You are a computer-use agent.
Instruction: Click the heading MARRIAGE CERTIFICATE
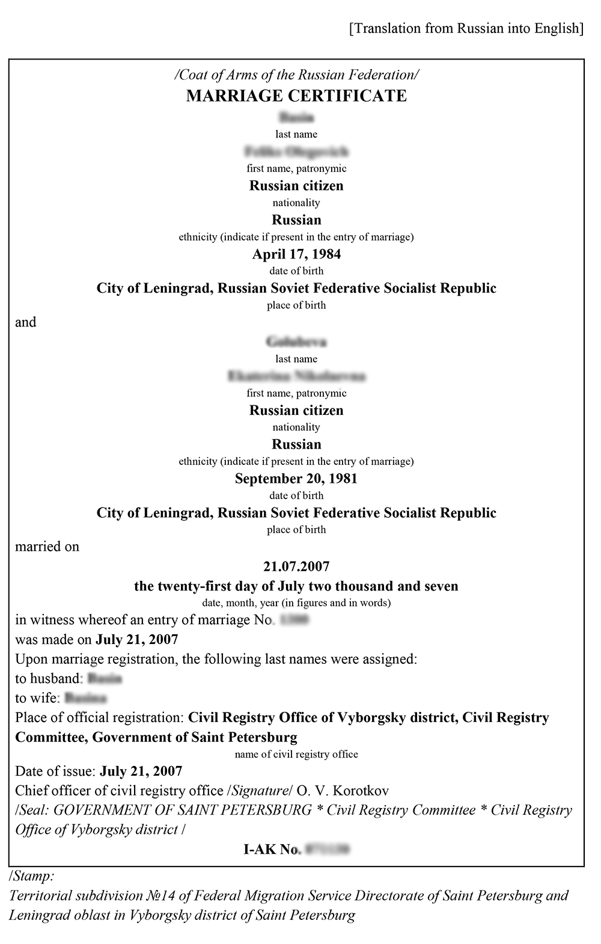296,96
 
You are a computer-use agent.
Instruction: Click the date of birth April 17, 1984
296,254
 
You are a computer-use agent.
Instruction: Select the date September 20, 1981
296,479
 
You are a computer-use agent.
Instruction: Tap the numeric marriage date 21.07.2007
296,566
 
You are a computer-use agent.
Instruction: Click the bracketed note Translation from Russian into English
466,28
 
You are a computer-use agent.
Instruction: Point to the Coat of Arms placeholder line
296,75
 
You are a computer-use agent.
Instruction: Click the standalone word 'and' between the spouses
26,322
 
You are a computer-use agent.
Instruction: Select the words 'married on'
47,547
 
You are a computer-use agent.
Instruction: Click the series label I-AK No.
272,849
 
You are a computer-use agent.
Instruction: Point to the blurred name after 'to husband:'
105,679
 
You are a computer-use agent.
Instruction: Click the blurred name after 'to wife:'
85,699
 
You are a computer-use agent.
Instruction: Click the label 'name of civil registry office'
296,755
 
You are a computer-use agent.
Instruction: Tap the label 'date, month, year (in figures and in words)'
296,602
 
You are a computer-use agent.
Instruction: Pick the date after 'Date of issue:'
141,771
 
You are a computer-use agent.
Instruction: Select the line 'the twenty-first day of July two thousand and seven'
296,586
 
